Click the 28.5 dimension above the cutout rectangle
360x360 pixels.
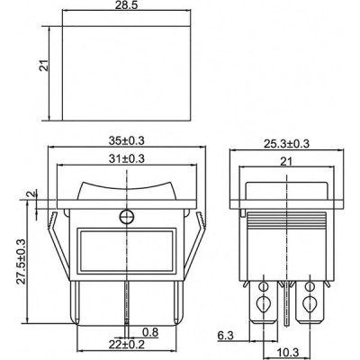click(x=125, y=6)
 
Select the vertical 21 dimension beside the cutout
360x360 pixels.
click(x=44, y=66)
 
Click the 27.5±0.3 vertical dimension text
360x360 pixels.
click(x=21, y=261)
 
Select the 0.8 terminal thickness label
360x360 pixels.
click(x=150, y=333)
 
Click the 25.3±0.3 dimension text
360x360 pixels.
click(x=286, y=144)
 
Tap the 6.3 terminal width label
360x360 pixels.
click(x=225, y=336)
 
